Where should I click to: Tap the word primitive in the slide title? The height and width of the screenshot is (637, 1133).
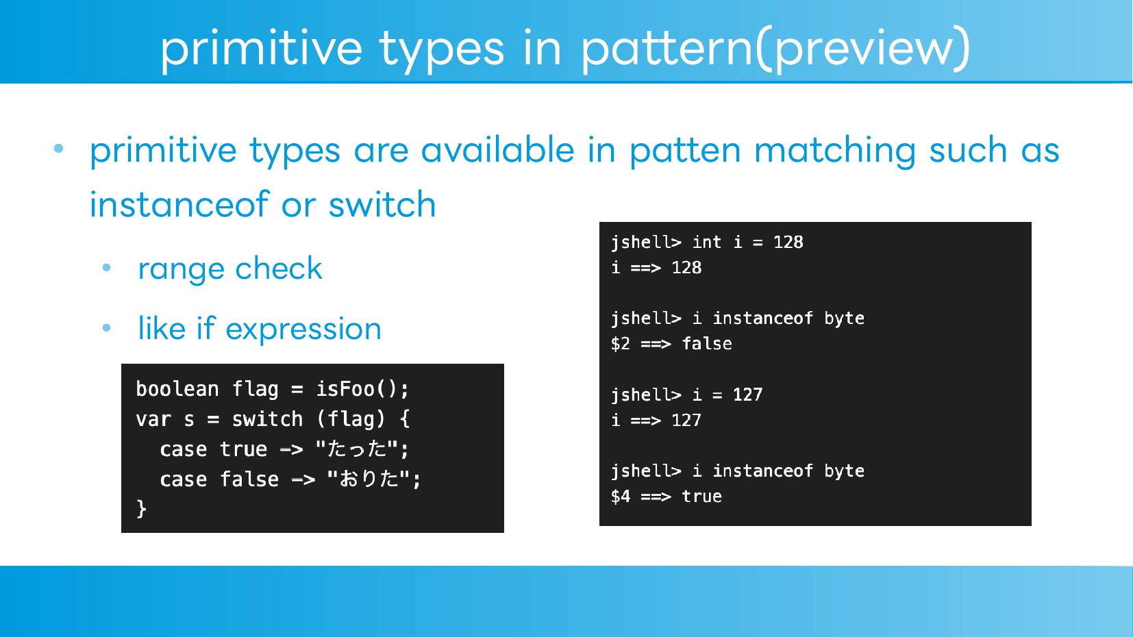tap(261, 49)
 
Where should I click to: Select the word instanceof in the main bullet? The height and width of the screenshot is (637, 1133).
tap(179, 204)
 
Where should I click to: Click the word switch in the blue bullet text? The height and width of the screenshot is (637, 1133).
tap(382, 204)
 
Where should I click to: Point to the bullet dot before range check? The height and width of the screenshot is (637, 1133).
tap(106, 268)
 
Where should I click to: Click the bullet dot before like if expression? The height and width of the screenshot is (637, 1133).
tap(106, 328)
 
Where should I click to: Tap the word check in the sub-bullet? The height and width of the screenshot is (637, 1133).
tap(279, 268)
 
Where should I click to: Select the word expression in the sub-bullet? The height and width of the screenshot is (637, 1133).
tap(303, 329)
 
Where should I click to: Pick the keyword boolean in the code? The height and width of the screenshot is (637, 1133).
tap(177, 389)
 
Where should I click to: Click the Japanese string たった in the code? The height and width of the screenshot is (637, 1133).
tap(357, 449)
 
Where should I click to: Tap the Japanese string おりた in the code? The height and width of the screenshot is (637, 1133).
tap(369, 479)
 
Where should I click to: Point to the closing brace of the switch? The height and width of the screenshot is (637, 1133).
tap(142, 508)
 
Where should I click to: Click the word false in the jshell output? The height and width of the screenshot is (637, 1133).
tap(707, 344)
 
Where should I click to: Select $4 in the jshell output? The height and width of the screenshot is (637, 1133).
tap(621, 497)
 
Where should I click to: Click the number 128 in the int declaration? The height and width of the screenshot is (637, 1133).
tap(788, 242)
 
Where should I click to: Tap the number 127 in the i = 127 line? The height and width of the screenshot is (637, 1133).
tap(747, 395)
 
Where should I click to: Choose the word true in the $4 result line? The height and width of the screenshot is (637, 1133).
tap(701, 497)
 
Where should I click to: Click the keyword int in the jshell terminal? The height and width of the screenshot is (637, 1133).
tap(707, 242)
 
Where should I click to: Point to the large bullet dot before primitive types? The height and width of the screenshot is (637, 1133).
tap(59, 149)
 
